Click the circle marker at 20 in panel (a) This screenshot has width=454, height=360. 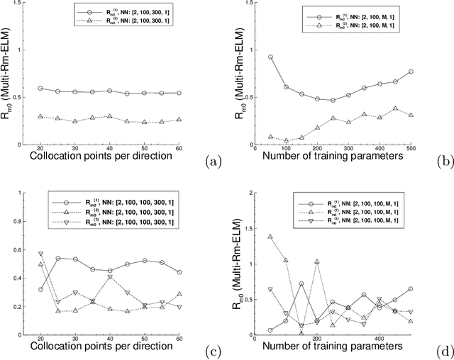[x=40, y=89]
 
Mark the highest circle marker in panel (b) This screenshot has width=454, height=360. [x=270, y=57]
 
